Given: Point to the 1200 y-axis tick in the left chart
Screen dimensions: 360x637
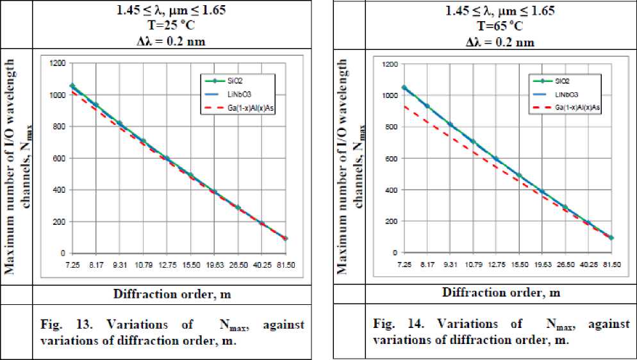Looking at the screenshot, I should tap(59, 63).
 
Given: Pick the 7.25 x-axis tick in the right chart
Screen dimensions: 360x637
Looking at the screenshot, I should tap(404, 263).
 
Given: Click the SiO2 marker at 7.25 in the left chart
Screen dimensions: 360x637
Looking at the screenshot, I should tap(72, 85).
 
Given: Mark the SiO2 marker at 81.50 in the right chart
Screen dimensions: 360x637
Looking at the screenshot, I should tap(611, 238).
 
